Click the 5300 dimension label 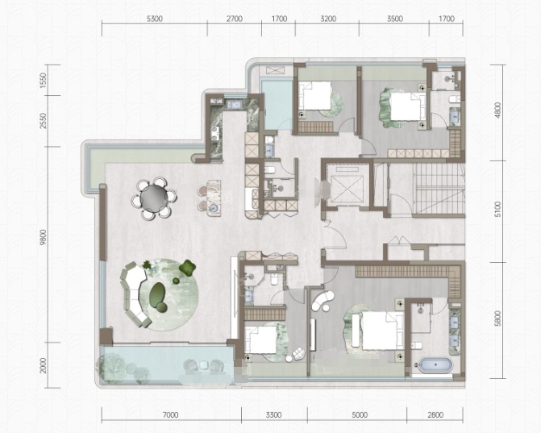155,19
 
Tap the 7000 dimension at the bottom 170,415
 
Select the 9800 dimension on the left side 43,237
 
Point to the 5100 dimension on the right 497,210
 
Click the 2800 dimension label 435,415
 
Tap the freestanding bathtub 435,364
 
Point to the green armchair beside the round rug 187,268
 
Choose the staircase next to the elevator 438,188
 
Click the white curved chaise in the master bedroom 323,300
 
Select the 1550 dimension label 43,80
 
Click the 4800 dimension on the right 497,110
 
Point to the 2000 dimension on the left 43,365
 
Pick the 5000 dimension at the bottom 360,415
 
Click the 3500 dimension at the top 395,19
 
